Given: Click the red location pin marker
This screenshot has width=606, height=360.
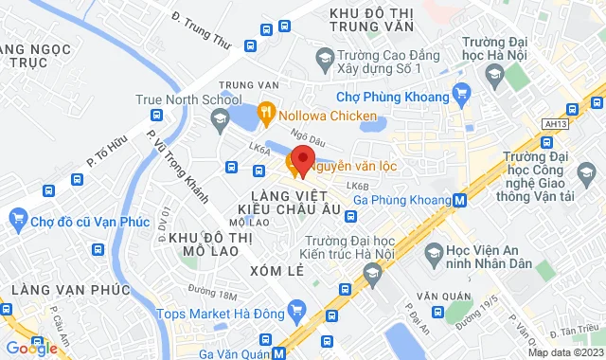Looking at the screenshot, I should pos(302,158).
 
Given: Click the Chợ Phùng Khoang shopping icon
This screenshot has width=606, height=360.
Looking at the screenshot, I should pos(461,92).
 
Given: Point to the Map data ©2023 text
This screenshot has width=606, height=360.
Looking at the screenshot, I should pos(562,352).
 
